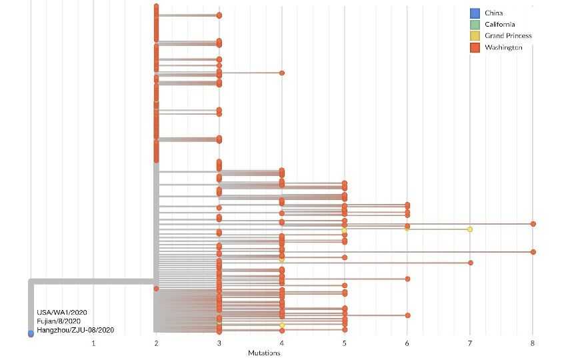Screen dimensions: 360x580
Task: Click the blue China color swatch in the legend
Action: [x=475, y=13]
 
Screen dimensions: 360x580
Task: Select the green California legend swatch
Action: [x=475, y=25]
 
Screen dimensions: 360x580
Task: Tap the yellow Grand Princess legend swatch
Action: [x=475, y=36]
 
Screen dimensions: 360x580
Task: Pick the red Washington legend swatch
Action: [x=475, y=48]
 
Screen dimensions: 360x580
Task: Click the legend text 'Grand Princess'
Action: [x=508, y=36]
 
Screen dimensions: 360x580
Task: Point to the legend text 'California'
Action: [x=499, y=25]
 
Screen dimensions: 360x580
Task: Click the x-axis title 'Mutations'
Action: [x=264, y=353]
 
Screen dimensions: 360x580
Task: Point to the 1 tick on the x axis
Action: [x=93, y=343]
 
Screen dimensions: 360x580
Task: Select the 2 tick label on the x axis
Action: [x=156, y=343]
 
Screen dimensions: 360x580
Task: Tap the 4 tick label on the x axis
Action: [x=282, y=343]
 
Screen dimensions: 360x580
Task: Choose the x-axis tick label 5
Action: [x=345, y=343]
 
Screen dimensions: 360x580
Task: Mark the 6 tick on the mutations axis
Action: [x=407, y=343]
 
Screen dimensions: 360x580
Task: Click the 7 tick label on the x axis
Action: [x=470, y=343]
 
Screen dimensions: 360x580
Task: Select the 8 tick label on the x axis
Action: [x=533, y=343]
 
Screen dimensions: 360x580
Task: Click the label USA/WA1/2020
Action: [x=61, y=312]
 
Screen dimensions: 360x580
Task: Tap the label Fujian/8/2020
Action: [x=59, y=321]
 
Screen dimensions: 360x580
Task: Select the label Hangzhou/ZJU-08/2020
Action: [x=75, y=330]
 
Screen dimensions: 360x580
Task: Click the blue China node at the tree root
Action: [x=31, y=333]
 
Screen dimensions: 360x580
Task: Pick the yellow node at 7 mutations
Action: [x=470, y=229]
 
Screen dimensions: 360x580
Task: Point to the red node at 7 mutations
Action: [x=471, y=263]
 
